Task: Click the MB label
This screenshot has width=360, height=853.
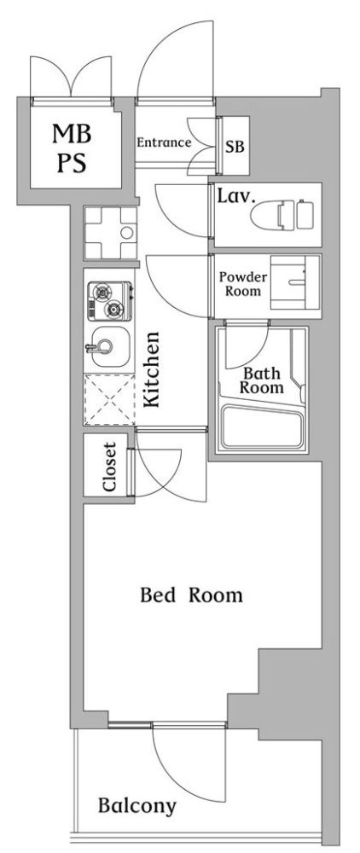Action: pos(73,134)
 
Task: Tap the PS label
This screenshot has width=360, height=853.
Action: pos(72,162)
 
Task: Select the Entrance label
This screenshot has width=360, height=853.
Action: pos(163,142)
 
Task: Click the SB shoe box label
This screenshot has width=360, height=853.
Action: pos(235,147)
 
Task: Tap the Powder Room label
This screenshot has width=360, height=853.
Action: pos(242,283)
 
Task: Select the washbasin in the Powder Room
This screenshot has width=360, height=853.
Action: pos(295,283)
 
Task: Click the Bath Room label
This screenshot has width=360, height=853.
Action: pos(262,380)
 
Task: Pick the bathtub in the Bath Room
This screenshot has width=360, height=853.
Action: pos(264,427)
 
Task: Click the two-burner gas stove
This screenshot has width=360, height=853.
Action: pos(110,301)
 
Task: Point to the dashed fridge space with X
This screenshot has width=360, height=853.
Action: pos(109,399)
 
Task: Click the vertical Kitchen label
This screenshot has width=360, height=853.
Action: pos(152,368)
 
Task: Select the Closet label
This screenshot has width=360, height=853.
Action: pos(110,467)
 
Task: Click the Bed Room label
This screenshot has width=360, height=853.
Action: pos(191,595)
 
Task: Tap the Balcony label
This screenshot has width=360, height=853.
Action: pos(137,806)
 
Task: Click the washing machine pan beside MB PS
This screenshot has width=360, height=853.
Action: pos(110,233)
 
